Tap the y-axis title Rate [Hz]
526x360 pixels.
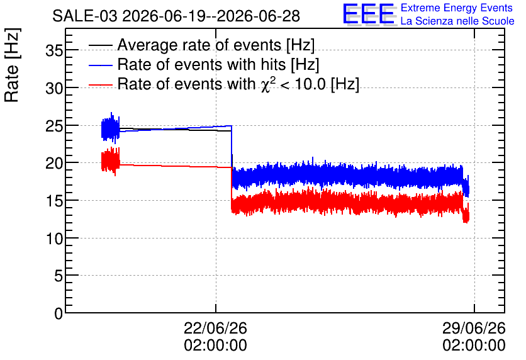12,65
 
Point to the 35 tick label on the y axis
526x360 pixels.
54,50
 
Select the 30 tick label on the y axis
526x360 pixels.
54,88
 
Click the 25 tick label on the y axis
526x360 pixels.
54,126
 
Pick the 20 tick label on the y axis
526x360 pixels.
54,164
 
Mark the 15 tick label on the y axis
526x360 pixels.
54,201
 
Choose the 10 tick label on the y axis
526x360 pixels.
54,238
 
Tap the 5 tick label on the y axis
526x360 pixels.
59,276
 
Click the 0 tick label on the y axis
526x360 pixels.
59,313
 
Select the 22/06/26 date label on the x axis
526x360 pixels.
215,328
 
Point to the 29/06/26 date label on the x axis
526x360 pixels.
474,328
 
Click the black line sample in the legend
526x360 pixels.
100,45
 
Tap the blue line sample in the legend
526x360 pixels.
100,65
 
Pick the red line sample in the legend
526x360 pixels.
100,84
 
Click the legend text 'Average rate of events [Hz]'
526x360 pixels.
216,45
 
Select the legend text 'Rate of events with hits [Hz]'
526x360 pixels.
218,64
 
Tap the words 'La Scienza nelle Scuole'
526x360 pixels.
457,21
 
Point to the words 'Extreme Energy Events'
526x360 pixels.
457,8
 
